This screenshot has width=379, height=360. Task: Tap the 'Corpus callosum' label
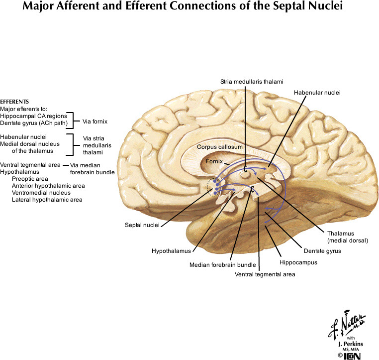[x=219, y=147]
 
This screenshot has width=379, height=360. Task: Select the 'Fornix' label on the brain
[x=215, y=162]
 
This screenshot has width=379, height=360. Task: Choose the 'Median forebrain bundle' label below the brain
[x=222, y=264]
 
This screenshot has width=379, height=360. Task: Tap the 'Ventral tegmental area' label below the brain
[x=265, y=274]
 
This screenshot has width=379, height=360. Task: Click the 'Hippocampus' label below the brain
[x=298, y=262]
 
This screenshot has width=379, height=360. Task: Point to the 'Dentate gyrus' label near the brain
[x=323, y=251]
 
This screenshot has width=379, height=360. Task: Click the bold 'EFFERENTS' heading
[x=14, y=101]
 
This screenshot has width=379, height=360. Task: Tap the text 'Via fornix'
[x=95, y=121]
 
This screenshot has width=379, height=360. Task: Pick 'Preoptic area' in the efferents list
[x=30, y=178]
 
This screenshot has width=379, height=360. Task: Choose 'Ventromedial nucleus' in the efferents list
[x=41, y=192]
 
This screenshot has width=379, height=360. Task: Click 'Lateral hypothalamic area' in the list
[x=47, y=200]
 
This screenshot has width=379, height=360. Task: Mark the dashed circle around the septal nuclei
[x=215, y=187]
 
